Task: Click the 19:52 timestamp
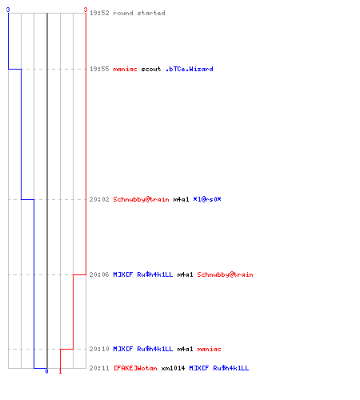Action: (99, 13)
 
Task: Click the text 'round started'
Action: (139, 13)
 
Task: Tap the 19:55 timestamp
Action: (99, 69)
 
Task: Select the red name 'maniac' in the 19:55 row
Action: (125, 69)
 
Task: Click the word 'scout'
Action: (151, 69)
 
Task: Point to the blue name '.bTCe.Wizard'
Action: (190, 69)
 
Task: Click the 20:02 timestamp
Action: (99, 199)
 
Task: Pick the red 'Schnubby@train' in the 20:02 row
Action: (141, 199)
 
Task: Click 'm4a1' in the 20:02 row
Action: (181, 199)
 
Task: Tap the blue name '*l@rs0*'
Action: (207, 199)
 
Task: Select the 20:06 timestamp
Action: (99, 274)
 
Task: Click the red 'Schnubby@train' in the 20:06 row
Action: (225, 274)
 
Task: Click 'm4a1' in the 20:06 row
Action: (185, 274)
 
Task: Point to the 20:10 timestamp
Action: (99, 349)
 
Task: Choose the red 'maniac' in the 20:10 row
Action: (209, 349)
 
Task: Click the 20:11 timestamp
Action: (99, 368)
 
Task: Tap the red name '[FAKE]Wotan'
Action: (135, 368)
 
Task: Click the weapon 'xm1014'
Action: (173, 368)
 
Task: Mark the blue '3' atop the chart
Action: (8, 10)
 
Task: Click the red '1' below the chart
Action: (60, 371)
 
